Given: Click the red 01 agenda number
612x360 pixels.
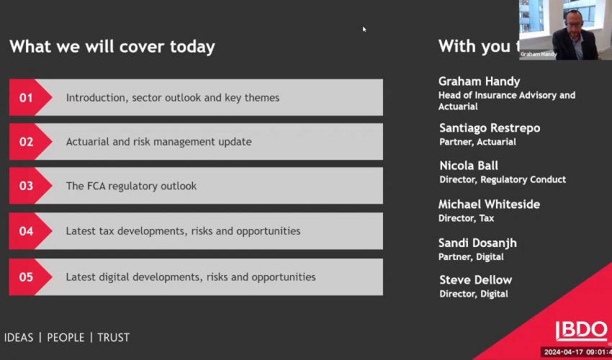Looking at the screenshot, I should (x=26, y=98).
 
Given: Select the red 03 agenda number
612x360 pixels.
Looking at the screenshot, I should (x=26, y=186).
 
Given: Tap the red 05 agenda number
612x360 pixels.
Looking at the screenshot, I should (x=26, y=277).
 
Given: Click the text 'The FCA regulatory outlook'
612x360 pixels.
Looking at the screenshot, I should (x=131, y=186).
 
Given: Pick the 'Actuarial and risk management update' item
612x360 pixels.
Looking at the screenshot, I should (x=158, y=142).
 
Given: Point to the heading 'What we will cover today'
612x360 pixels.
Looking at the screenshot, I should (x=112, y=47).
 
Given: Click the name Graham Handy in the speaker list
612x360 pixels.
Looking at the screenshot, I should (x=479, y=81).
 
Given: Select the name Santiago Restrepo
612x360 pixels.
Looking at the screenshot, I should (x=490, y=128).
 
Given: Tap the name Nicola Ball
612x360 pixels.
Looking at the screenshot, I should (x=469, y=166).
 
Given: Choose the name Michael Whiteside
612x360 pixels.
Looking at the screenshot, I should (x=489, y=204).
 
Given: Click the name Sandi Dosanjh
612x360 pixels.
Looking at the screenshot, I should (x=478, y=243).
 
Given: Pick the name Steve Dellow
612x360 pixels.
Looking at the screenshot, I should (x=476, y=280).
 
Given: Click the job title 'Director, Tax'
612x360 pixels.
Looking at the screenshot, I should (x=467, y=218).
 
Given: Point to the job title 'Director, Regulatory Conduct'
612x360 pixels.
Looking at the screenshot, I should (x=503, y=179).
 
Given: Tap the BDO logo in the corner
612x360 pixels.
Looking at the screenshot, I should (x=581, y=330).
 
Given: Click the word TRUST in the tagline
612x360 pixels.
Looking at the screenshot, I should (x=113, y=337).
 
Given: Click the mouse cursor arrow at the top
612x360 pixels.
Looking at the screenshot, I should (x=364, y=29).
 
